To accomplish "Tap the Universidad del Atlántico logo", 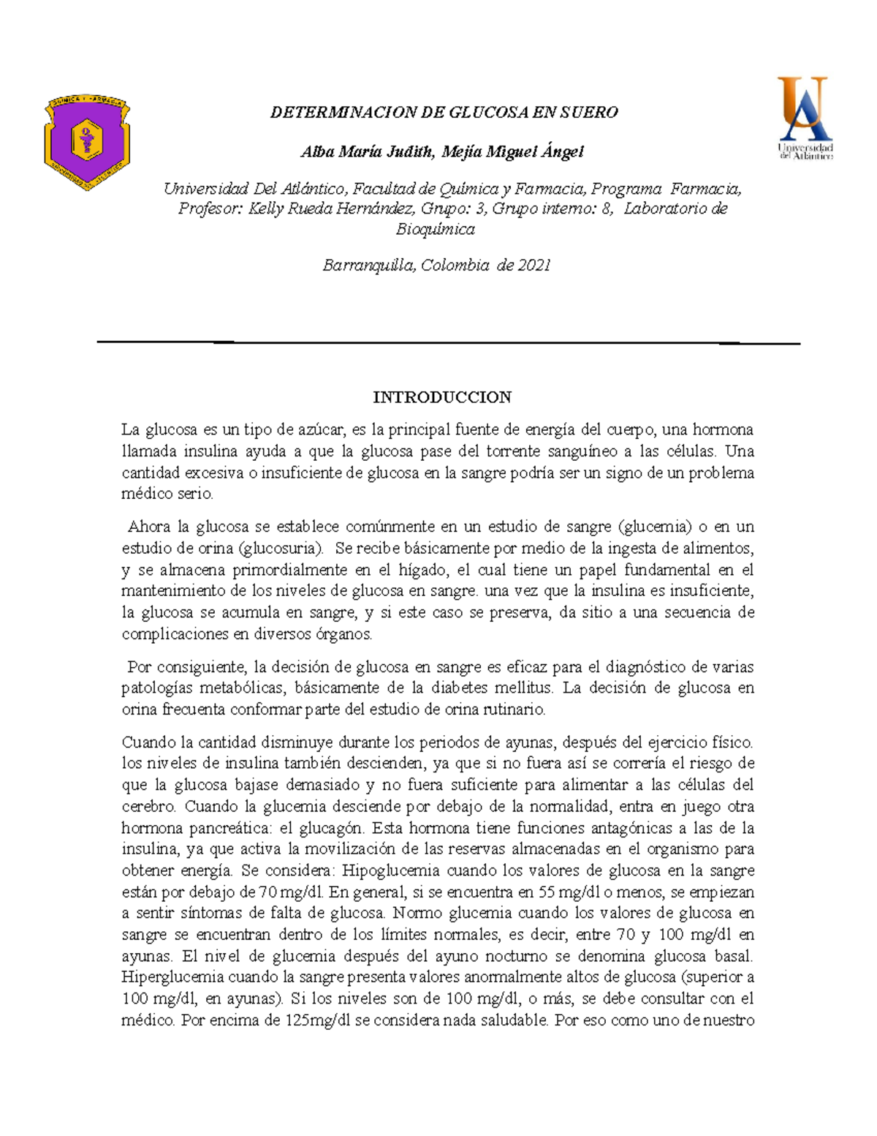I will [x=805, y=118].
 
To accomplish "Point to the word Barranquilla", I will [x=368, y=265].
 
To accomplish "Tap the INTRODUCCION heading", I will [x=441, y=397].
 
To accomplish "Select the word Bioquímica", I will [x=435, y=229].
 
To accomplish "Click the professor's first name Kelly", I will [x=266, y=208].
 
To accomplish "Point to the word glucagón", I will [x=333, y=828].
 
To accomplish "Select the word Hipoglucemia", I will [x=390, y=870].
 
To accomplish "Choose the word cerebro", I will [x=148, y=807].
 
